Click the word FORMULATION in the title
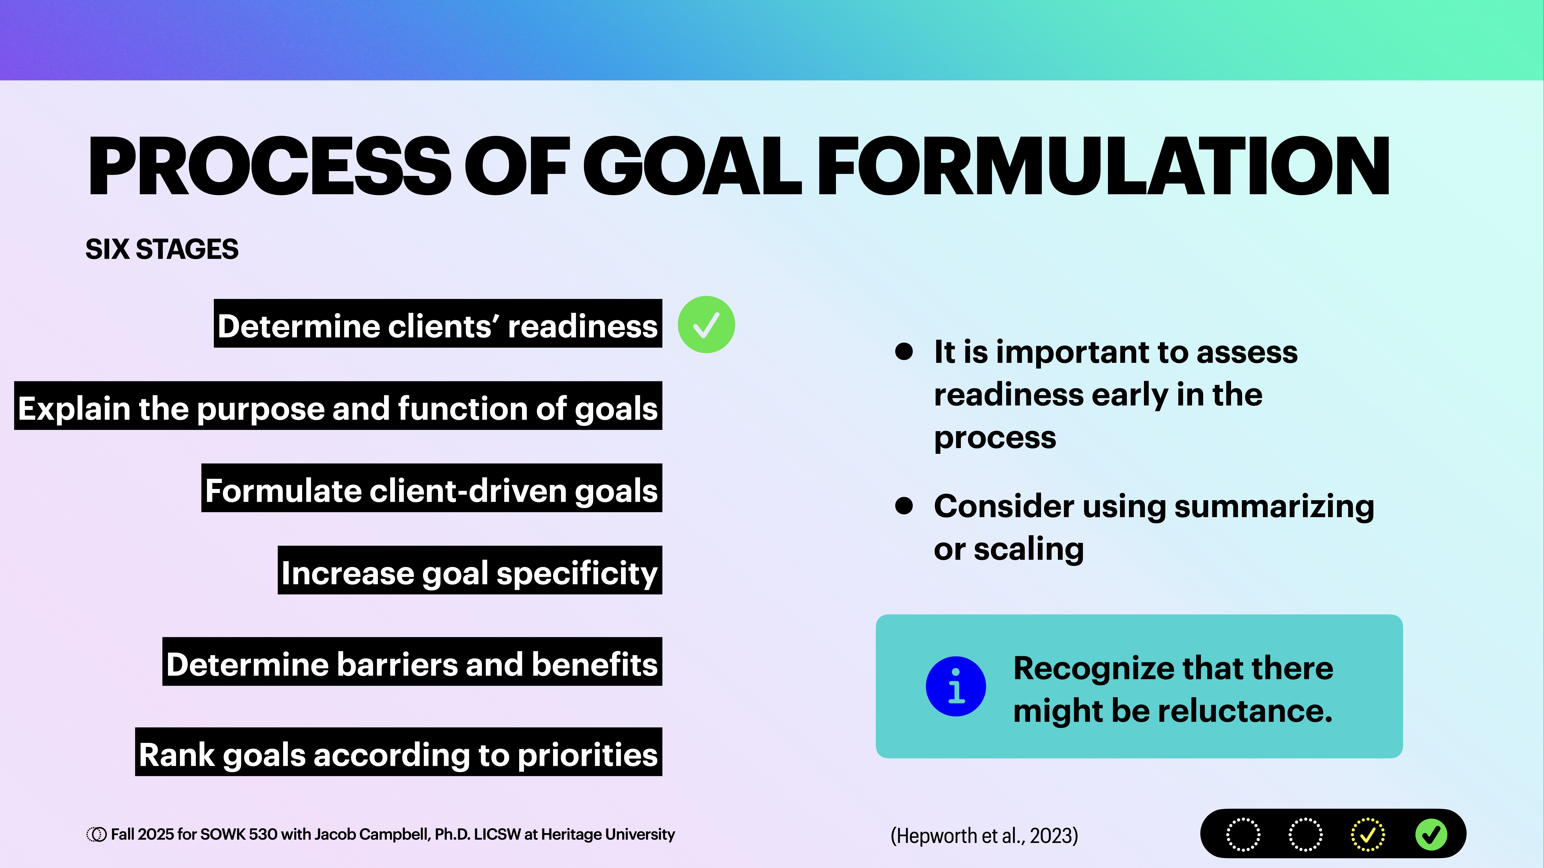[1103, 166]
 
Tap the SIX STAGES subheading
[162, 249]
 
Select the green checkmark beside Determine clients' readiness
[706, 325]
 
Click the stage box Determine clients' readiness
[437, 324]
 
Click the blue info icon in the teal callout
[955, 686]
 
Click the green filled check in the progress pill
[1431, 834]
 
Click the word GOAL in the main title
[692, 166]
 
